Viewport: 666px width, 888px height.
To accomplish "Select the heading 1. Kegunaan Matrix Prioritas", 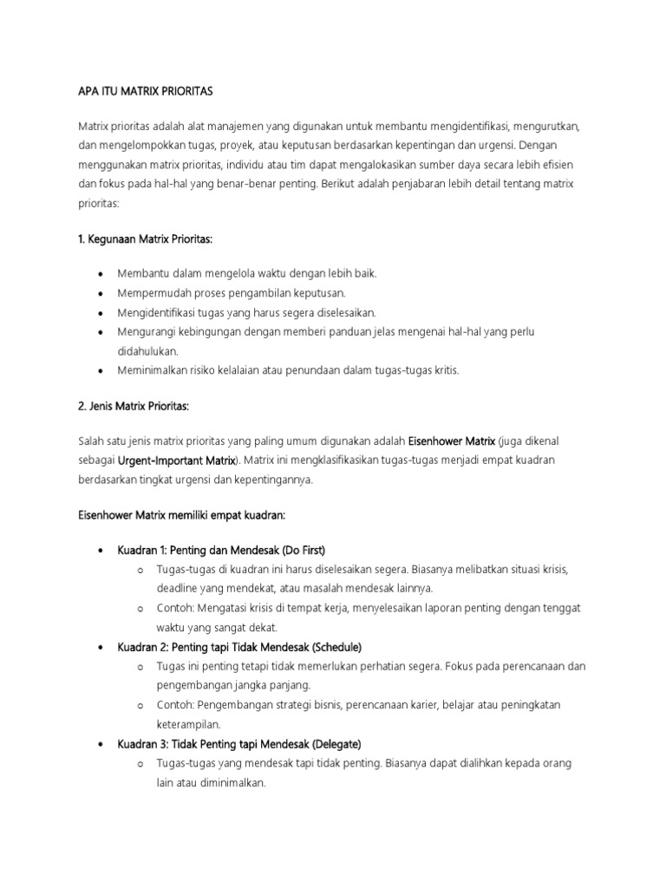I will coord(146,238).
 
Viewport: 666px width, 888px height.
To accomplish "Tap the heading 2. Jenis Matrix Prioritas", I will coord(134,406).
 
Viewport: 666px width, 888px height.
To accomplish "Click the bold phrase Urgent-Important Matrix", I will coord(176,460).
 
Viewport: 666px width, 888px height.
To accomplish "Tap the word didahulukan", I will coord(148,351).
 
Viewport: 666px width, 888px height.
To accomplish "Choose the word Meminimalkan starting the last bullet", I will coord(150,370).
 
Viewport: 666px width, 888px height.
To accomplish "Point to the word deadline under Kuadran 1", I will coord(178,588).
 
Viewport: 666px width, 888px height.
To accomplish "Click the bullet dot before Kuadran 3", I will coord(102,745).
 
